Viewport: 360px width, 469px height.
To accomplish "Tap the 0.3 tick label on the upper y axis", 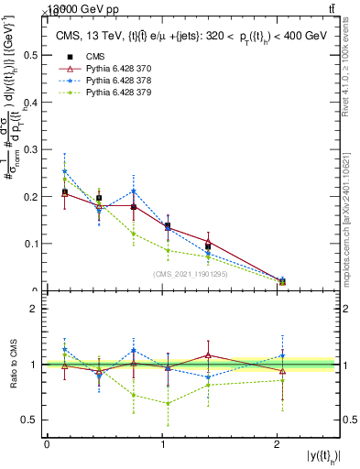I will (x=30, y=149).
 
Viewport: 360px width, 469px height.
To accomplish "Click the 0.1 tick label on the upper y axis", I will (x=30, y=244).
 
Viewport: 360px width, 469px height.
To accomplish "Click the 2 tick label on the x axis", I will (x=278, y=444).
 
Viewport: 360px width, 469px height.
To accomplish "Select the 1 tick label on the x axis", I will (x=162, y=444).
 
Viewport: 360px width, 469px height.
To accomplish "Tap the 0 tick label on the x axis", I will (x=47, y=444).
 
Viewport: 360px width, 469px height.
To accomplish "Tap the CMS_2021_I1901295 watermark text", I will (x=191, y=274).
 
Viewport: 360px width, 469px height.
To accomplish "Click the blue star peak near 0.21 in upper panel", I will (x=134, y=191).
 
